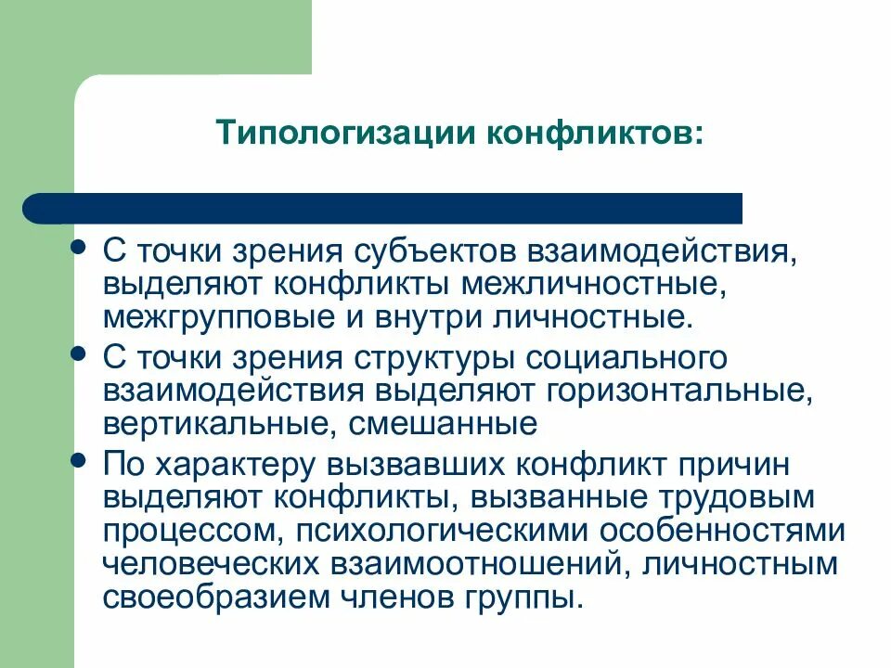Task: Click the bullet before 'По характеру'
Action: (81, 459)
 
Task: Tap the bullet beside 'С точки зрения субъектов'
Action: (81, 248)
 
